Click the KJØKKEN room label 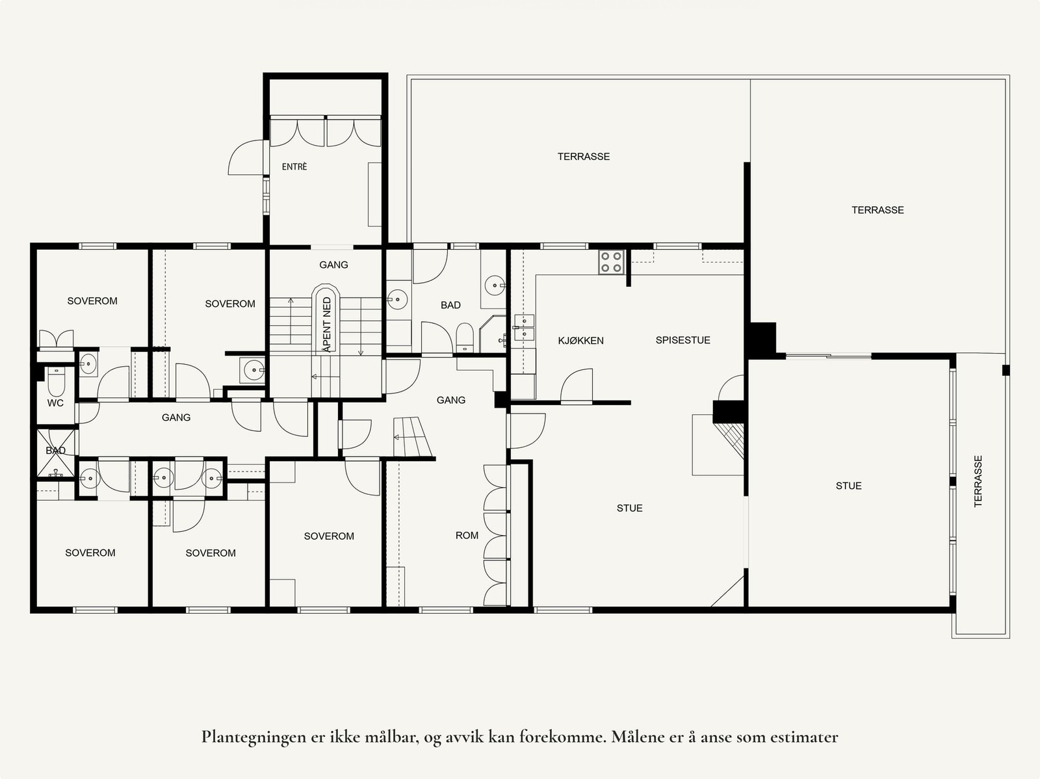pyautogui.click(x=580, y=341)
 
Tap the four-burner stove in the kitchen pyautogui.click(x=612, y=262)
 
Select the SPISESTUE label pyautogui.click(x=682, y=340)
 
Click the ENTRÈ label pyautogui.click(x=294, y=167)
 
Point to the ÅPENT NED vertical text pyautogui.click(x=327, y=323)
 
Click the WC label pyautogui.click(x=55, y=403)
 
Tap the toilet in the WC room pyautogui.click(x=56, y=384)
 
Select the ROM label pyautogui.click(x=467, y=536)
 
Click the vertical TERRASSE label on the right pyautogui.click(x=978, y=481)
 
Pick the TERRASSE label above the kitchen pyautogui.click(x=583, y=157)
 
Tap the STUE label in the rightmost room pyautogui.click(x=848, y=486)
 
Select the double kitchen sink pyautogui.click(x=523, y=327)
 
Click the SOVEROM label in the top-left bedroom pyautogui.click(x=92, y=301)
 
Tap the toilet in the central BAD pyautogui.click(x=465, y=337)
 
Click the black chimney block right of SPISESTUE pyautogui.click(x=762, y=339)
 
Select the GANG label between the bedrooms pyautogui.click(x=176, y=417)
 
